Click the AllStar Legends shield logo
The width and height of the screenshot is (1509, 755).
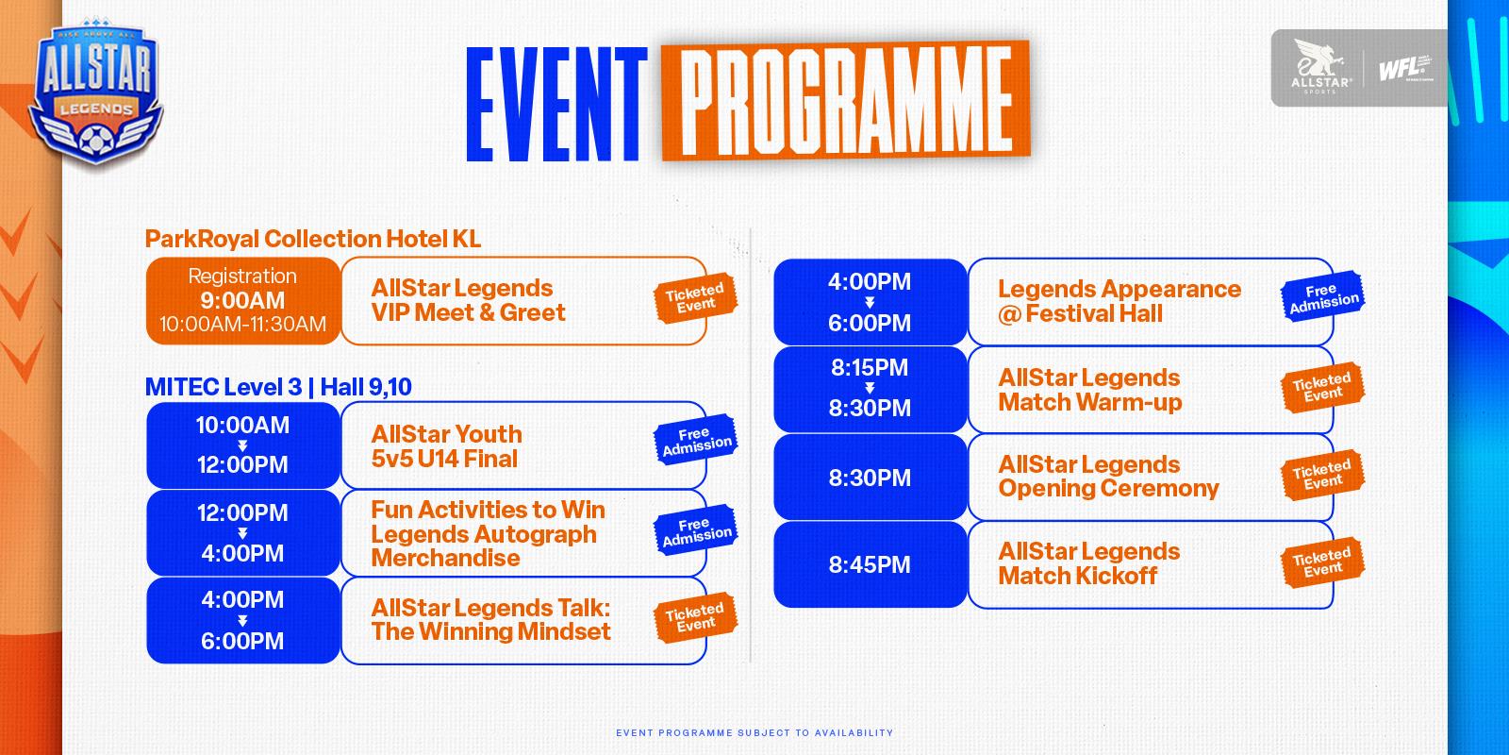[x=95, y=93]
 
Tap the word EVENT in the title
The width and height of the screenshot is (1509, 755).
[x=556, y=105]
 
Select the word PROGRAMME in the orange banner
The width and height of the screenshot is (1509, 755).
[x=846, y=100]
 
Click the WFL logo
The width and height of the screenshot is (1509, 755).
[x=1405, y=68]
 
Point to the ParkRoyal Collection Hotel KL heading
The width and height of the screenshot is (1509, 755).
[x=312, y=239]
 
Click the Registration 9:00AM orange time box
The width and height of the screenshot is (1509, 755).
[x=242, y=301]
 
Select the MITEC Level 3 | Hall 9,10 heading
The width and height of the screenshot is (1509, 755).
[x=278, y=387]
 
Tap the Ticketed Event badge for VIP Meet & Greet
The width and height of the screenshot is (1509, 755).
[x=695, y=298]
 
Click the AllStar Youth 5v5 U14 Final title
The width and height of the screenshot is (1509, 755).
[x=447, y=446]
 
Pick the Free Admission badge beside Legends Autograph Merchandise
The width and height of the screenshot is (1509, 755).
[x=696, y=529]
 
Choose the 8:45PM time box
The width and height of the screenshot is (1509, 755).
[x=870, y=564]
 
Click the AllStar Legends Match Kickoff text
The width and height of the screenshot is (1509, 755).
[x=1088, y=563]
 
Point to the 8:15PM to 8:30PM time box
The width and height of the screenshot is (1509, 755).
[x=870, y=389]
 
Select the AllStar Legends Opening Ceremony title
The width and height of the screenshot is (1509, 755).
[x=1108, y=476]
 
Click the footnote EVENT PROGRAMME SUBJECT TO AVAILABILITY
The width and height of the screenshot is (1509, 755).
[x=754, y=732]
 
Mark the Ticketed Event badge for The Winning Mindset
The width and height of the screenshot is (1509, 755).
[x=695, y=617]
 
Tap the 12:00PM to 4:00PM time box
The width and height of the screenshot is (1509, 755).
[x=242, y=533]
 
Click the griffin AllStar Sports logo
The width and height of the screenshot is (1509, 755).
[x=1320, y=66]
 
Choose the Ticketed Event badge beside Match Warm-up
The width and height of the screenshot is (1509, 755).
[x=1322, y=388]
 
